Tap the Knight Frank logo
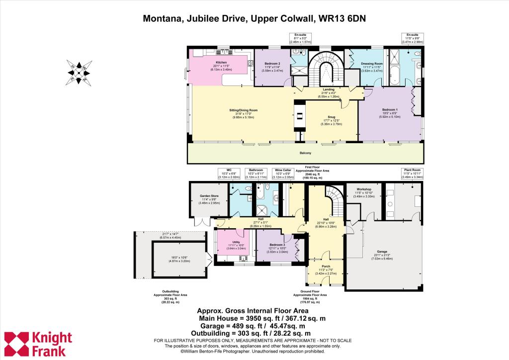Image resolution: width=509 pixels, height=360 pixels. [38, 344]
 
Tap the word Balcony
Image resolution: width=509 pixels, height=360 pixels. [306, 154]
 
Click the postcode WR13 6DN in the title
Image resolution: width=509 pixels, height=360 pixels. [342, 19]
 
